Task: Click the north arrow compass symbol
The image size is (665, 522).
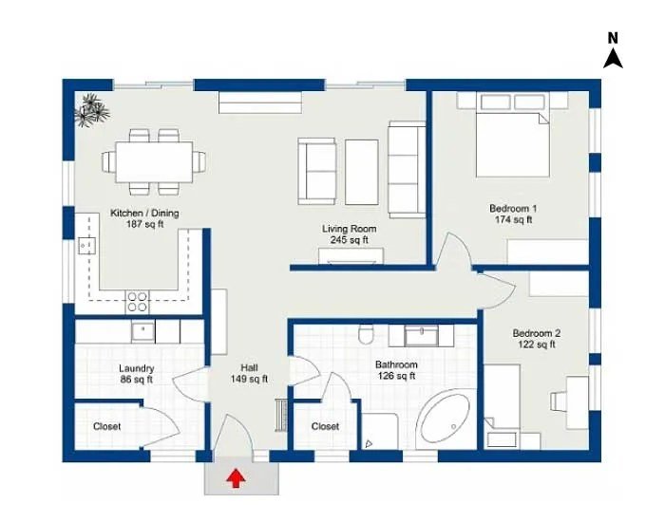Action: [x=613, y=51]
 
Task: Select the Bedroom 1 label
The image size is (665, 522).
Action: [x=513, y=214]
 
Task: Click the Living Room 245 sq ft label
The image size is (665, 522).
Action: [x=349, y=234]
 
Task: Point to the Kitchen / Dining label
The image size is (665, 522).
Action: [x=144, y=218]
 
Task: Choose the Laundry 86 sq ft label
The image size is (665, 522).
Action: [x=137, y=374]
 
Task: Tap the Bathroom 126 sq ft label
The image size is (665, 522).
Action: [x=396, y=370]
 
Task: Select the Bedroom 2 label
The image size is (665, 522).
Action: [x=536, y=339]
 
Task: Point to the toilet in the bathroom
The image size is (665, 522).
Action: [x=364, y=337]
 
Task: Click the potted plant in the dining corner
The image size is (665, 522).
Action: [x=93, y=109]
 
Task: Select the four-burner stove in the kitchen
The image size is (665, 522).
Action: [x=138, y=301]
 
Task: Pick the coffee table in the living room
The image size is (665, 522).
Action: [x=362, y=171]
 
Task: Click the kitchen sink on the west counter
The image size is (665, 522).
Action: [x=87, y=246]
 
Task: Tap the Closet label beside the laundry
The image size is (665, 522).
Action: [x=106, y=427]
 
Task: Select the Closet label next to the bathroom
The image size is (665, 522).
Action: [x=325, y=427]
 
